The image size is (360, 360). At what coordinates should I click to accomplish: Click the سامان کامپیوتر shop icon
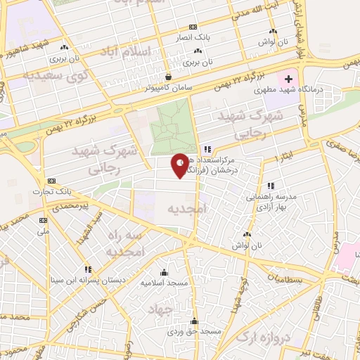168,77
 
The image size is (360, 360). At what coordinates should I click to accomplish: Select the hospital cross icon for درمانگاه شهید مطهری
288,80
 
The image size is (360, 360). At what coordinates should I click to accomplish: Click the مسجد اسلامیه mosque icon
165,272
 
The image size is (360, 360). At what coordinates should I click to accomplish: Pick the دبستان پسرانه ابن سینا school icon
88,269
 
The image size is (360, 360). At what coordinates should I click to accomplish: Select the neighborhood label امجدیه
185,209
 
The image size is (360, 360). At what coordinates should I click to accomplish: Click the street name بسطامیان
302,279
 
